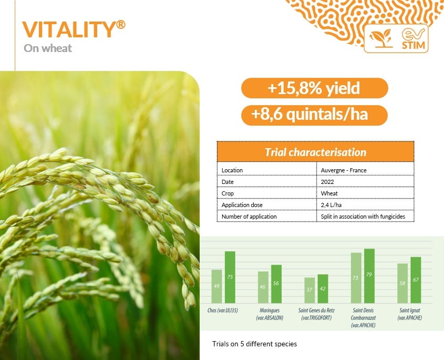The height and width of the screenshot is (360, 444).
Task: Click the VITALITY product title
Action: (x=74, y=29)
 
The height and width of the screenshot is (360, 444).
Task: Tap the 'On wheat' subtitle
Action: (x=48, y=48)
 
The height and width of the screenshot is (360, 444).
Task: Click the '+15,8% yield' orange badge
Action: (x=314, y=88)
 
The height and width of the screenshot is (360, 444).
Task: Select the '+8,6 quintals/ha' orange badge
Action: (x=314, y=115)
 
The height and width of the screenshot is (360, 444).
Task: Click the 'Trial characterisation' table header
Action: (x=315, y=152)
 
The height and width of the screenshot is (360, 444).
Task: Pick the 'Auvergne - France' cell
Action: (x=344, y=170)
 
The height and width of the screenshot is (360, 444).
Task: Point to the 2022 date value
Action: (x=327, y=182)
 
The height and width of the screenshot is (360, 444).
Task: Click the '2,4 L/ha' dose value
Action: (x=331, y=205)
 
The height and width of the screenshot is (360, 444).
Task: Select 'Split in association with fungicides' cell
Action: (x=363, y=217)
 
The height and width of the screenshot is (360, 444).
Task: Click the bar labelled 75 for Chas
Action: (x=230, y=277)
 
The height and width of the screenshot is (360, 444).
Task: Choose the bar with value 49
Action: (x=216, y=286)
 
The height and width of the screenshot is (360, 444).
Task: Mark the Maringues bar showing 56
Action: (x=276, y=284)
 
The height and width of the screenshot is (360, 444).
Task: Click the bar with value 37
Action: (x=309, y=290)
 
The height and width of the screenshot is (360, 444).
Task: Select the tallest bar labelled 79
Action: (x=369, y=276)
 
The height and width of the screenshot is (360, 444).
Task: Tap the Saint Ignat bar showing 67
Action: (x=416, y=280)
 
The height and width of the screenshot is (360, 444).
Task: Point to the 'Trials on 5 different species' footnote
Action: (x=254, y=344)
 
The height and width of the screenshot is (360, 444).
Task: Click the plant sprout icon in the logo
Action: (x=381, y=38)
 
